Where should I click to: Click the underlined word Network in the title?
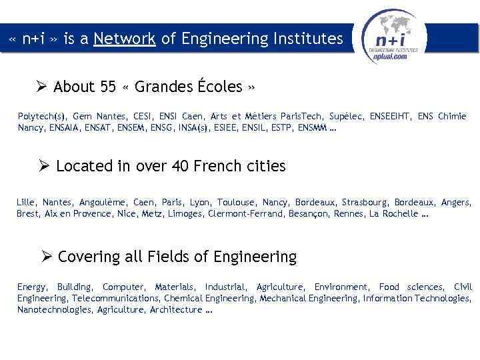pos(125,39)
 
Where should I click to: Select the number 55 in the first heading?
pos(108,87)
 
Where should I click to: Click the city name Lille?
pos(26,202)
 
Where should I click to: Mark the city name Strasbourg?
pos(365,202)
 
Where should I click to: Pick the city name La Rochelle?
pos(393,214)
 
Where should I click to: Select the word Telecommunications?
pos(116,298)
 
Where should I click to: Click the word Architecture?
pos(176,309)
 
